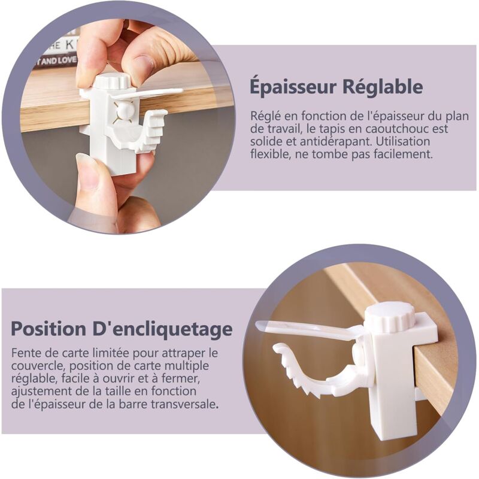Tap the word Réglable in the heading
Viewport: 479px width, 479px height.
tap(382, 87)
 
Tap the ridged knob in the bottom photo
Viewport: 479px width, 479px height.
tap(389, 316)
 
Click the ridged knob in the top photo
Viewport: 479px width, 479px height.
tap(112, 80)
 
